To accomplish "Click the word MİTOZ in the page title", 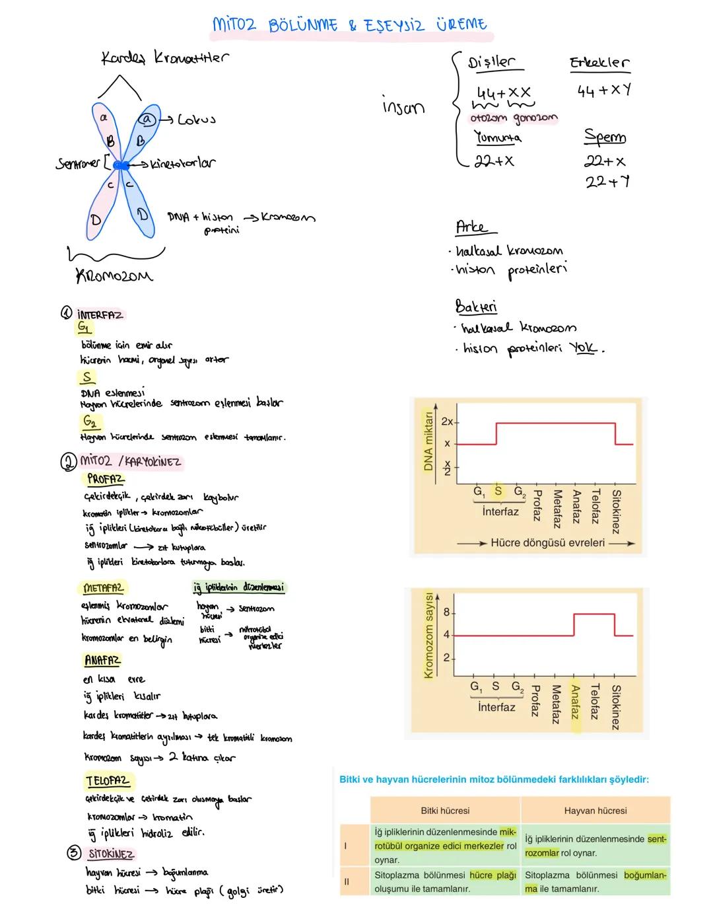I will point(236,24).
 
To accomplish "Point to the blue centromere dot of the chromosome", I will point(122,165).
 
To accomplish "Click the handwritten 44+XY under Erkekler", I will point(603,91).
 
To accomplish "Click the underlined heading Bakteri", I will point(475,307).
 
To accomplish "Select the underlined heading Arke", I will point(472,228).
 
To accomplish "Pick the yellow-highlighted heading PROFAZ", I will point(105,479).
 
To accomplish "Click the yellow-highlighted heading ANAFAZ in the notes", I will point(102,660).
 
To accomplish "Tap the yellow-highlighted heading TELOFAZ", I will point(108,781).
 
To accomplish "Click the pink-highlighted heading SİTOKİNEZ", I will point(111,854).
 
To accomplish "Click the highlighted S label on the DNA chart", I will point(498,491).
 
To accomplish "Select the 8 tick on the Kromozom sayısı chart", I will point(446,612).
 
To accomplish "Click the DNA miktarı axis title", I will point(428,442).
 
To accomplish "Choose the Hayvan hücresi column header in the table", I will point(595,811).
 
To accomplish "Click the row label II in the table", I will point(347,881).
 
